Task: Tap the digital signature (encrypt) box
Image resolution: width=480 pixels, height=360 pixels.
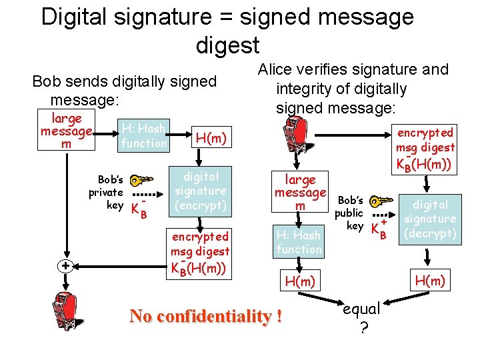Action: [x=201, y=191]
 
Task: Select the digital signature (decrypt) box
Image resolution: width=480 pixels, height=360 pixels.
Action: [x=431, y=219]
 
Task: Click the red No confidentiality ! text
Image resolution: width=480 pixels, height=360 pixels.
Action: [x=205, y=315]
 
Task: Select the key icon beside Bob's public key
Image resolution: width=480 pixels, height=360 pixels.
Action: [x=381, y=201]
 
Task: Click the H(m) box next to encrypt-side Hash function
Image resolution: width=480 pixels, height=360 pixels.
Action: [x=211, y=138]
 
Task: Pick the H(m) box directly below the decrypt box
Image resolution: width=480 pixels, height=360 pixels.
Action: [x=430, y=281]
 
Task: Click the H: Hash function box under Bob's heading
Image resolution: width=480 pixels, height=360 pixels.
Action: [x=143, y=136]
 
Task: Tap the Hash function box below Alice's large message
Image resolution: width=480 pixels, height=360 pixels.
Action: [x=299, y=242]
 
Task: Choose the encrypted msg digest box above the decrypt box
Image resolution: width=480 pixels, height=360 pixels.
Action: [x=425, y=147]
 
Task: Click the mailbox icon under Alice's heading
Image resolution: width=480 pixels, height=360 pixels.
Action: [x=295, y=137]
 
